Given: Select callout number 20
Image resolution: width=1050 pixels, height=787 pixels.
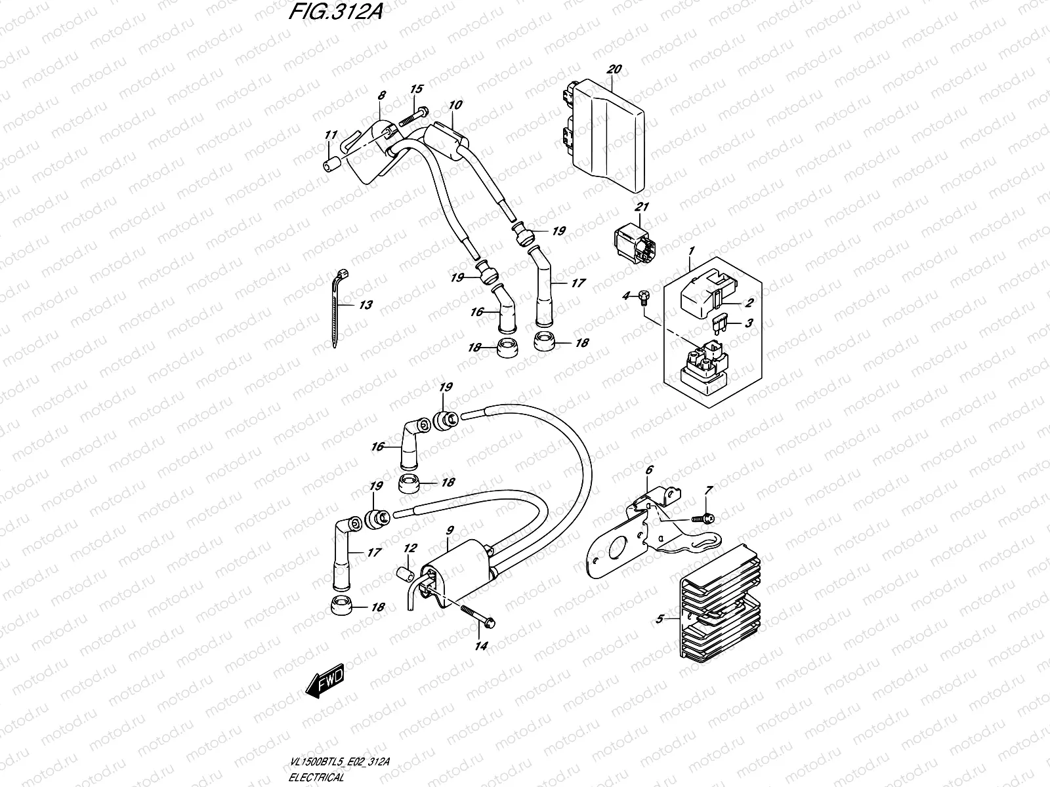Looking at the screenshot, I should click(614, 69).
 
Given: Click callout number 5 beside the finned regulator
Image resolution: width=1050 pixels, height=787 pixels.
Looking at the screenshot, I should click(660, 618).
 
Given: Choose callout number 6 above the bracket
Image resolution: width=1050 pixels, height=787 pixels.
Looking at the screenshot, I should click(650, 470).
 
